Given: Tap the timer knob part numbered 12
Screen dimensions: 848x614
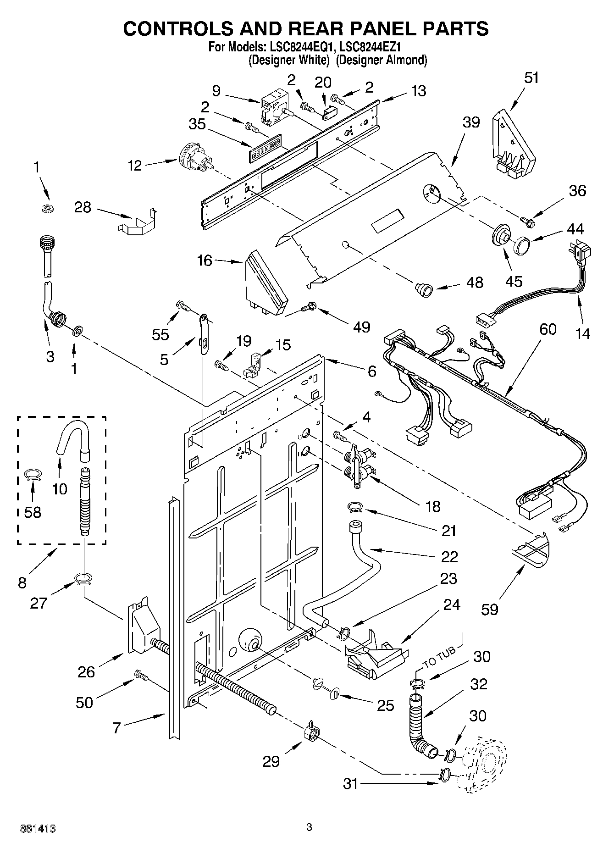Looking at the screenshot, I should pos(195,160).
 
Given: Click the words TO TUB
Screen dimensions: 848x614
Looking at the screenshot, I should pos(439,657).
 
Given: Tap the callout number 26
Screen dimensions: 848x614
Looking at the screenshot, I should pos(86,672).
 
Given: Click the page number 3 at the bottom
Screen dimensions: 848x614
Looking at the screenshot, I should pos(309,827).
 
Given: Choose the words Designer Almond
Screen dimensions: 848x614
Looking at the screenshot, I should pos(382,60).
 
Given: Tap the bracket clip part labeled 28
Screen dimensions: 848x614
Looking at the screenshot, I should pos(137,223).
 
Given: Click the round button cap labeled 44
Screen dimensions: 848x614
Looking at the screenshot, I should pos(522,245).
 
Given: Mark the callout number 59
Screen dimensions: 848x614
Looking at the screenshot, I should pos(490,609).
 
